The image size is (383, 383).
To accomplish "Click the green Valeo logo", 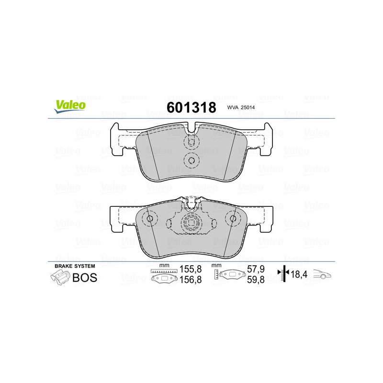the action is pyautogui.click(x=70, y=107).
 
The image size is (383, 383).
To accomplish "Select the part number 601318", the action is pyautogui.click(x=191, y=107).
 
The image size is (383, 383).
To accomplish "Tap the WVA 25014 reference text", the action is pyautogui.click(x=241, y=107).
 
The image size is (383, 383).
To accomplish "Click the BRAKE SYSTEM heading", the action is pyautogui.click(x=75, y=266).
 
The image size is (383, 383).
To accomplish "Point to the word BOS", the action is pyautogui.click(x=85, y=278).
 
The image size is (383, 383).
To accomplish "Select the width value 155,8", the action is pyautogui.click(x=191, y=269).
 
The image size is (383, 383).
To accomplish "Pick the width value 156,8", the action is pyautogui.click(x=191, y=280).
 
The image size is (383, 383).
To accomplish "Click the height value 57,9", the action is pyautogui.click(x=256, y=269).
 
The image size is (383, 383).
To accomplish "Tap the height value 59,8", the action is pyautogui.click(x=256, y=280).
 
